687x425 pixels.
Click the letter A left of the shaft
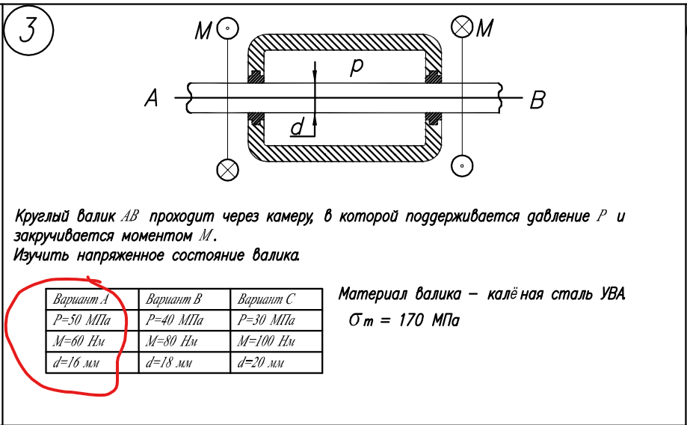click(x=153, y=97)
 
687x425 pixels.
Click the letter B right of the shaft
click(x=537, y=100)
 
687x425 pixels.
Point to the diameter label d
click(x=298, y=129)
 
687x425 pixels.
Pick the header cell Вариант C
click(x=266, y=300)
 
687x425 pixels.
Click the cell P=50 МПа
click(x=82, y=321)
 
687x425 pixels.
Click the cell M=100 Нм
click(x=265, y=343)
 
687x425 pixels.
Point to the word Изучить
click(x=41, y=256)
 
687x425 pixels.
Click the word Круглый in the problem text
click(x=44, y=217)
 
